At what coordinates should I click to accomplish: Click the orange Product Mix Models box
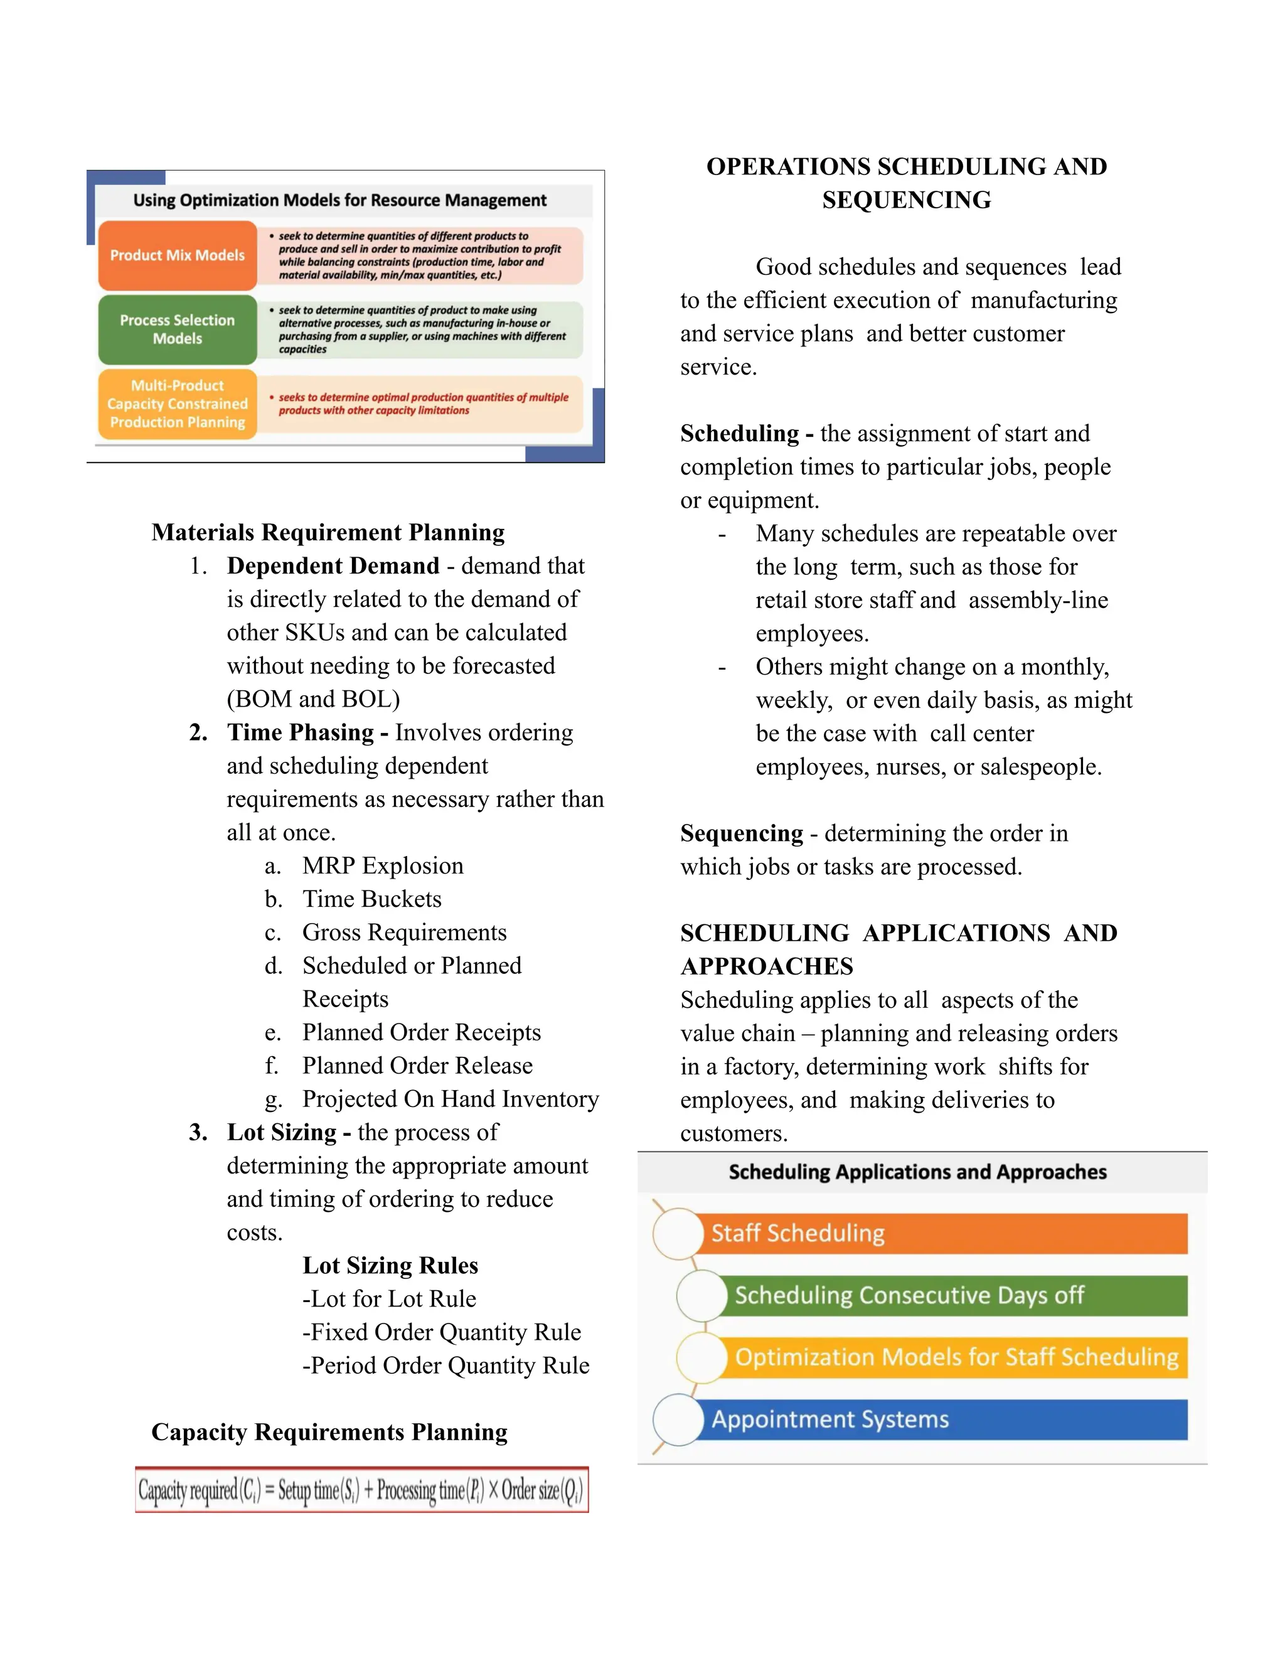pos(178,255)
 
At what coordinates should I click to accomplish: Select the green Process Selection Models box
pos(178,329)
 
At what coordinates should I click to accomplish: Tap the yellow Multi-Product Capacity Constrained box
pos(178,404)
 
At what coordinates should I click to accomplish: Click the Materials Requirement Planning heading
pos(328,532)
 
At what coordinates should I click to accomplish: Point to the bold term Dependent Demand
pos(333,566)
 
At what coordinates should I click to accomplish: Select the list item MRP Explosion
pos(382,866)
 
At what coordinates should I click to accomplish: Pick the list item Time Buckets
pos(371,899)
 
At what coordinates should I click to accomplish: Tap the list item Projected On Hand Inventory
pos(450,1099)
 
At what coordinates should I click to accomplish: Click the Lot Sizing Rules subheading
pos(390,1266)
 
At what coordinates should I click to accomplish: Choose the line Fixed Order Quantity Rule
pos(442,1332)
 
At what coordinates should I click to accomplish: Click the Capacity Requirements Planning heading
pos(329,1432)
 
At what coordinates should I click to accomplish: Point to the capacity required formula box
pos(361,1490)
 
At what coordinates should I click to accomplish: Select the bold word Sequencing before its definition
pos(741,833)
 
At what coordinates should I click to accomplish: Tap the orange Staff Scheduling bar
pos(944,1234)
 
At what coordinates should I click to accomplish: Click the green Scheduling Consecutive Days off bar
pos(952,1295)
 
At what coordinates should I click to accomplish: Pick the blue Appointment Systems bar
pos(944,1420)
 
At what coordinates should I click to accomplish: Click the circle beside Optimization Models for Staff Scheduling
pos(701,1357)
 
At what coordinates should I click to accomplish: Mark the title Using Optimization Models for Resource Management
pos(339,200)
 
